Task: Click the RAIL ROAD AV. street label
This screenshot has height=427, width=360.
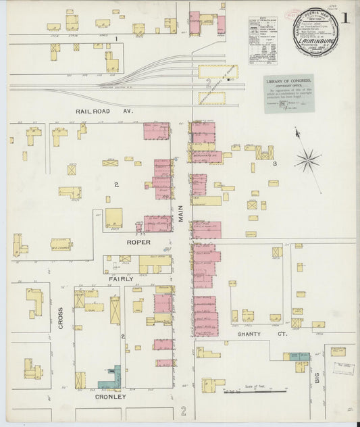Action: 104,109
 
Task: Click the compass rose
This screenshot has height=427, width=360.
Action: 307,160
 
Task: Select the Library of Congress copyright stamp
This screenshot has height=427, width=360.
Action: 288,93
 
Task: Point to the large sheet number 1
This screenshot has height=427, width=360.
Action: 346,19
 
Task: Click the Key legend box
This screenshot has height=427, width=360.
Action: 262,41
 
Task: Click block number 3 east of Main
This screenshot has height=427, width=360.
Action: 275,164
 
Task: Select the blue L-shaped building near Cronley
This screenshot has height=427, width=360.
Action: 113,379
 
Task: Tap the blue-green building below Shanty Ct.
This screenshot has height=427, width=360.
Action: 295,357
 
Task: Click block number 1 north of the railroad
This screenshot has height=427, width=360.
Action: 116,39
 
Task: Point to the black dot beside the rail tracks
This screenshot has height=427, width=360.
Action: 230,79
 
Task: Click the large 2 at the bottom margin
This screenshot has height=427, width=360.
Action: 183,411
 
